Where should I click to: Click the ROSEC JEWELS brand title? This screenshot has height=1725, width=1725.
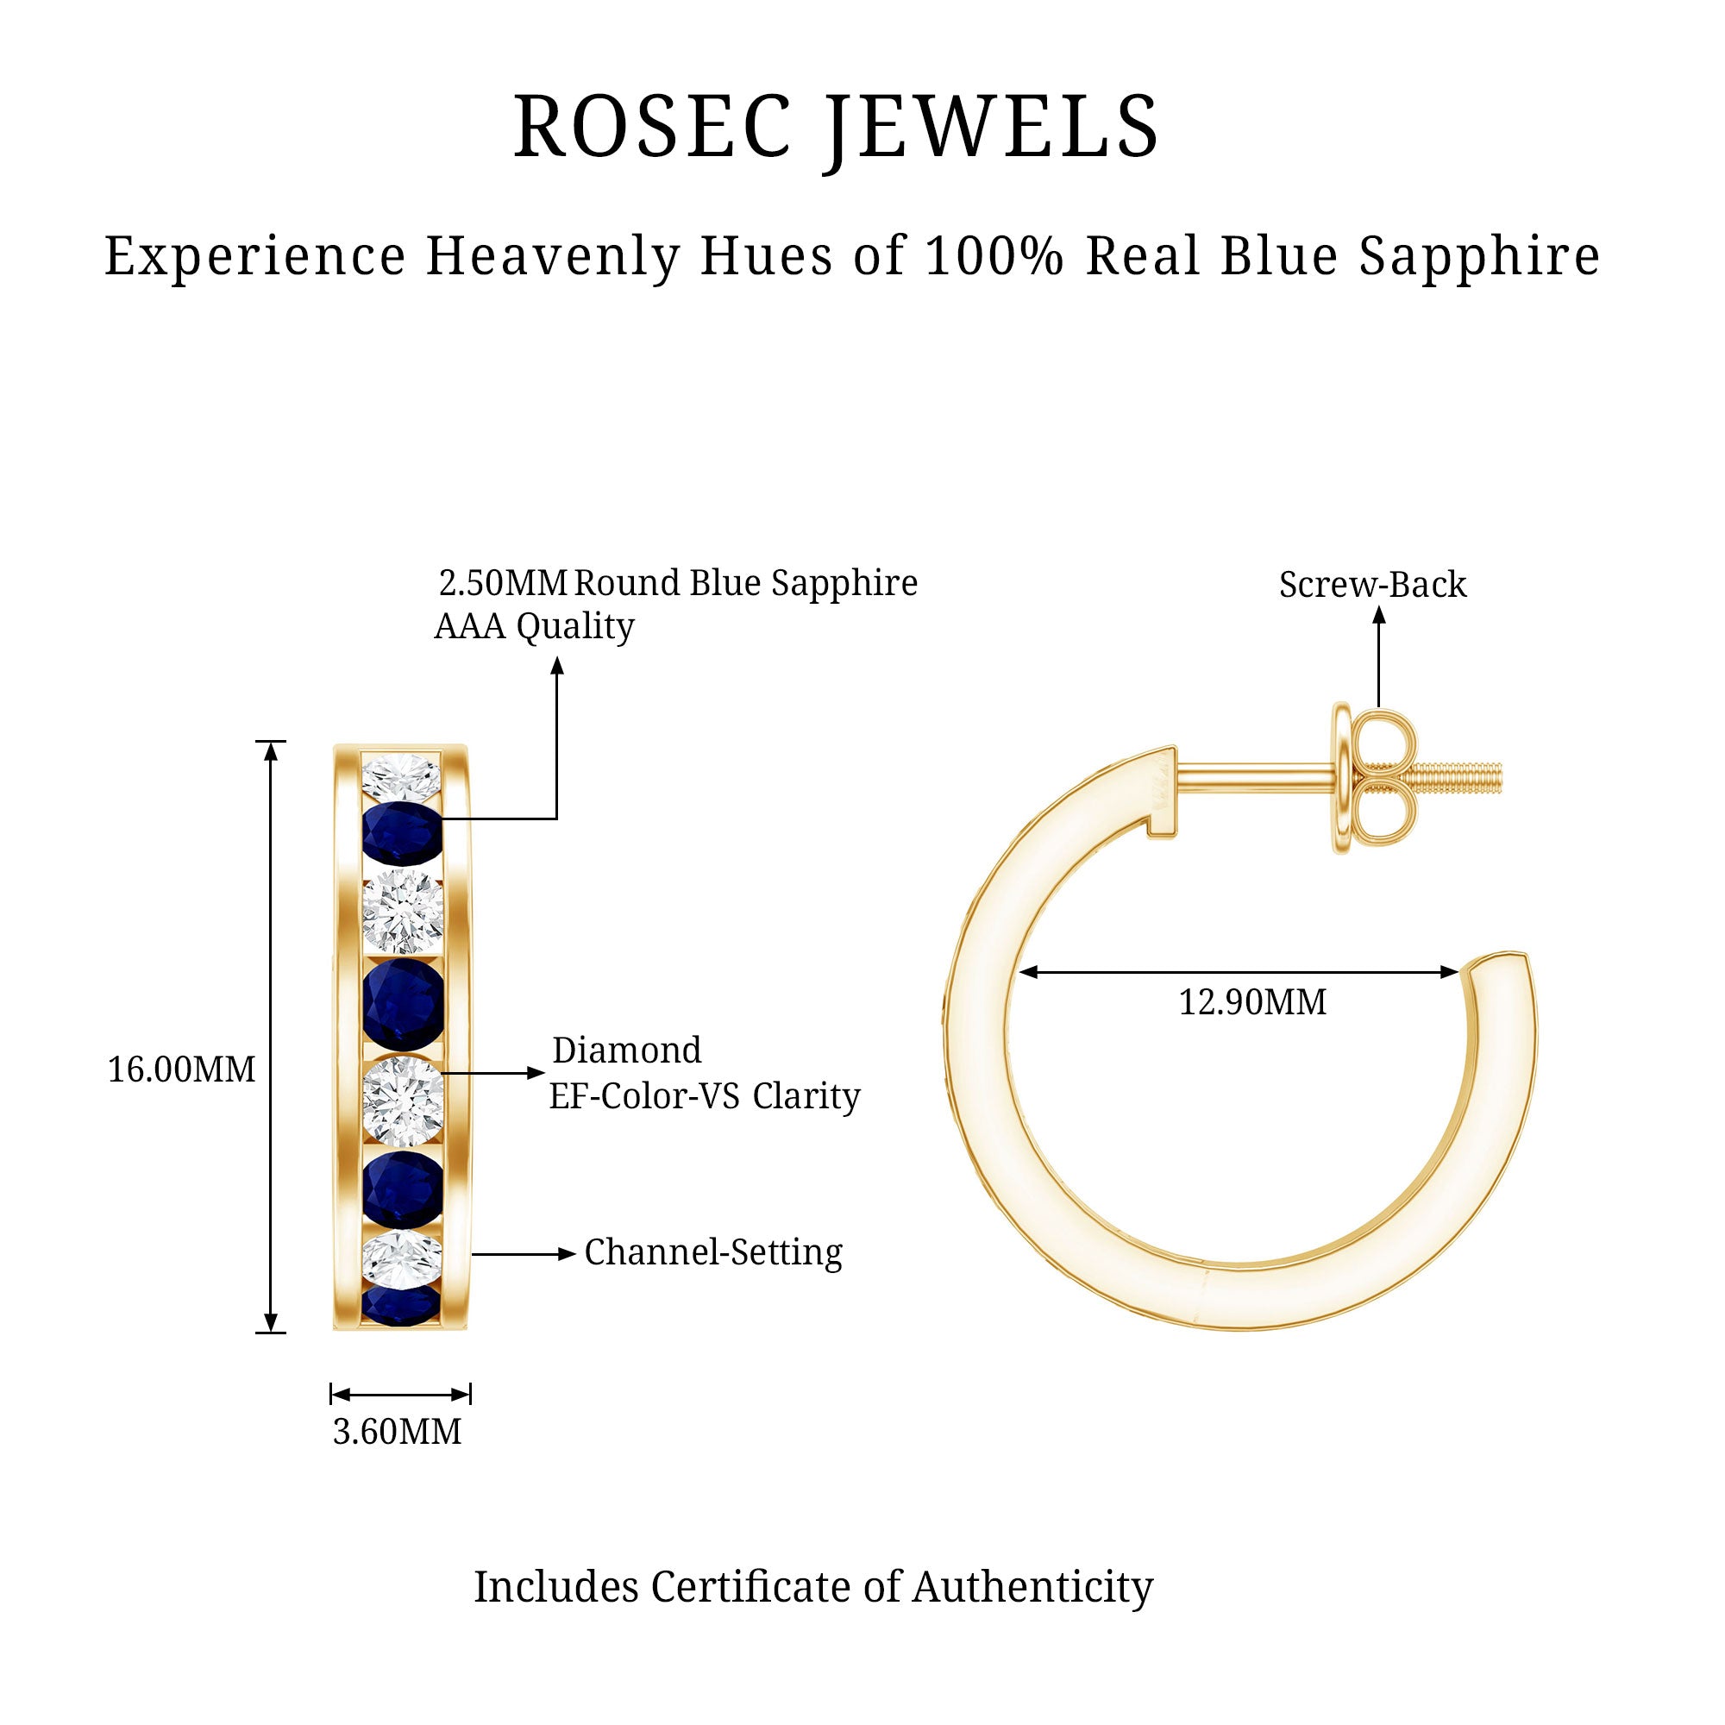[x=836, y=128]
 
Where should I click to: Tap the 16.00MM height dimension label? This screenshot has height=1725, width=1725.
[x=181, y=1069]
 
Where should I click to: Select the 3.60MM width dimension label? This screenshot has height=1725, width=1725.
[x=398, y=1431]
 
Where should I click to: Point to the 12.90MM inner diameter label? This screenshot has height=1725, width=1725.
[x=1251, y=1001]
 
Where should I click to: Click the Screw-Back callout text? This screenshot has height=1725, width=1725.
[x=1372, y=585]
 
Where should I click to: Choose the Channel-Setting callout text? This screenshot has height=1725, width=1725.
[x=713, y=1252]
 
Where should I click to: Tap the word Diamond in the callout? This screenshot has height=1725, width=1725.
[x=627, y=1050]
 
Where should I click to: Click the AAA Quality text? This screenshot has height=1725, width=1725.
[x=534, y=626]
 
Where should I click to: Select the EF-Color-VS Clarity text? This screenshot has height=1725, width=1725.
[x=705, y=1095]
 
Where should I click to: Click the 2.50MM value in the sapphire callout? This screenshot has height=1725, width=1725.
[x=504, y=583]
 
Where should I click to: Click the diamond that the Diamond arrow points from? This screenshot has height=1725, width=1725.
[x=403, y=1100]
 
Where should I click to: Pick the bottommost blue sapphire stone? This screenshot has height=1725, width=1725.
[x=401, y=1305]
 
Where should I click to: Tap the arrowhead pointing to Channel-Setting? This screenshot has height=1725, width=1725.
[x=567, y=1253]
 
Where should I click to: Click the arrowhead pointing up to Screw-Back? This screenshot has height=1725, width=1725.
[x=1378, y=615]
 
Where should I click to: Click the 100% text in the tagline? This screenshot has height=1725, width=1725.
[x=994, y=256]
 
